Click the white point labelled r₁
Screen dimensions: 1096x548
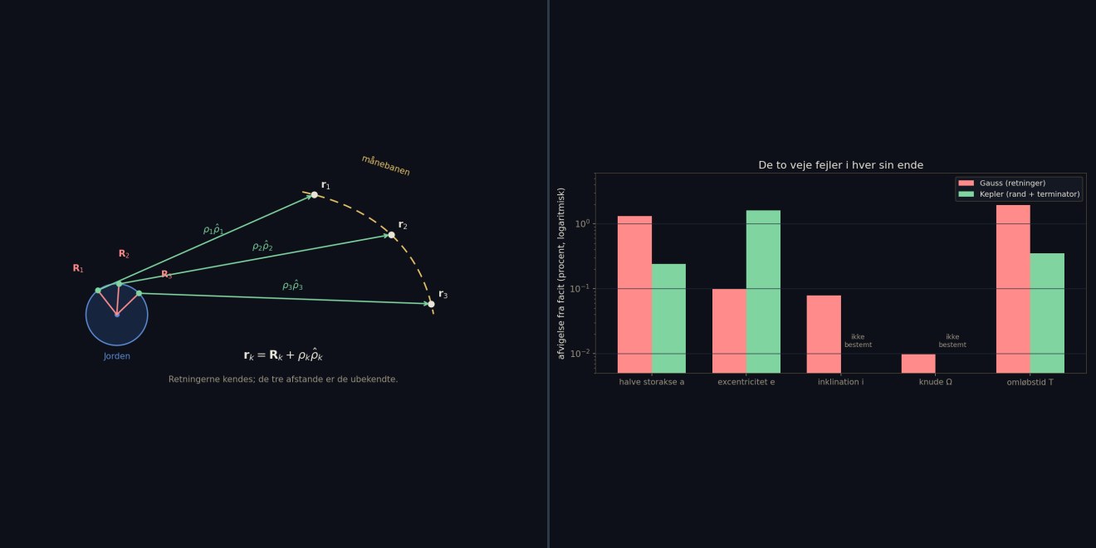[x=314, y=195]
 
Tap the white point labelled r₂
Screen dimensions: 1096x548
[x=391, y=235]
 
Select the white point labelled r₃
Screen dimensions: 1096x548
[x=431, y=304]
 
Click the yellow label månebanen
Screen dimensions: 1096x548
[x=385, y=165]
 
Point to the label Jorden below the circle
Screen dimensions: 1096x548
[x=117, y=356]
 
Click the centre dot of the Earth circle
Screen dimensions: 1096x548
[x=117, y=315]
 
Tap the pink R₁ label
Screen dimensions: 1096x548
[x=78, y=268]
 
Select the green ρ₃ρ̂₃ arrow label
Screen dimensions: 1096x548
[x=292, y=285]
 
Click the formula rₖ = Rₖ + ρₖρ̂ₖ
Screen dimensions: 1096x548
[x=283, y=355]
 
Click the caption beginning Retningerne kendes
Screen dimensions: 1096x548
[x=283, y=379]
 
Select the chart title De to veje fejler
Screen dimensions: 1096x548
[x=840, y=165]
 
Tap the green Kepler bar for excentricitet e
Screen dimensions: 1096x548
[x=763, y=291]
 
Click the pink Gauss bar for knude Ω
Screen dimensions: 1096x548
[x=918, y=364]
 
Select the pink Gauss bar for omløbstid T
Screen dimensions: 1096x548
[x=1013, y=289]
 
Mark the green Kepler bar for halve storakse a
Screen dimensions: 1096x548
[x=668, y=319]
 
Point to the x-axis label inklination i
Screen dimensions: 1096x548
[x=840, y=382]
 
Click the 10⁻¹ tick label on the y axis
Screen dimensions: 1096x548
[x=580, y=289]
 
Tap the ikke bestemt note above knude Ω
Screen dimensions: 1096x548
[x=952, y=340]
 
